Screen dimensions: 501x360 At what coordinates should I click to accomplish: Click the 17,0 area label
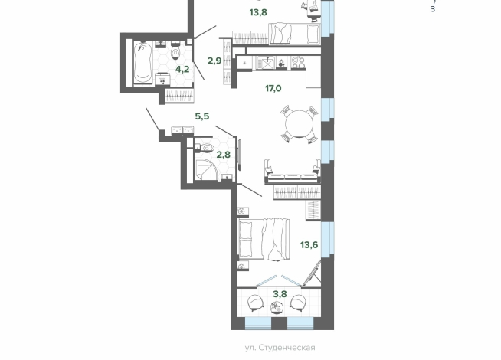pos(273,88)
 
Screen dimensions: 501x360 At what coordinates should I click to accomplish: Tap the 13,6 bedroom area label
pos(309,245)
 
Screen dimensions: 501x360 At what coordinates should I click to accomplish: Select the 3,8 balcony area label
pos(280,294)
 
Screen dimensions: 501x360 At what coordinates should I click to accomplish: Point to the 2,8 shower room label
pos(224,155)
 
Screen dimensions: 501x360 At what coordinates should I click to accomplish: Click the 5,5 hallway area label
pos(202,116)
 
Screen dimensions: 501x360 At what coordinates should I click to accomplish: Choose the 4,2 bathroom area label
pos(182,69)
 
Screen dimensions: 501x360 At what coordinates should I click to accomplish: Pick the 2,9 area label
pos(214,61)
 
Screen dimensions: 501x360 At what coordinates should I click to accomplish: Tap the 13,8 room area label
pos(258,12)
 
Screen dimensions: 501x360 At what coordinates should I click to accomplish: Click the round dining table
pos(300,124)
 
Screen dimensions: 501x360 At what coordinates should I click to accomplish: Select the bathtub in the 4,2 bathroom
pos(142,62)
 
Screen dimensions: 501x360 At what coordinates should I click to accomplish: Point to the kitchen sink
pos(265,63)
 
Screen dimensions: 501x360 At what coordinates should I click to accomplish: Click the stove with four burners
pos(299,63)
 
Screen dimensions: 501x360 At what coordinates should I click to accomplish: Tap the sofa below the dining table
pos(293,171)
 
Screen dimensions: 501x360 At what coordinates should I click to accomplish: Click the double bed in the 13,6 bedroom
pos(264,239)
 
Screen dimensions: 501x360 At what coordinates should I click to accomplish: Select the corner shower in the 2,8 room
pos(206,169)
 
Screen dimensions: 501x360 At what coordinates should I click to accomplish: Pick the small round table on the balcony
pos(276,307)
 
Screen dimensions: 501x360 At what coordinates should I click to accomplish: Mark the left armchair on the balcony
pos(256,303)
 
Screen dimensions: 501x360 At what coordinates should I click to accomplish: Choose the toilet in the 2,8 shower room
pos(205,148)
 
